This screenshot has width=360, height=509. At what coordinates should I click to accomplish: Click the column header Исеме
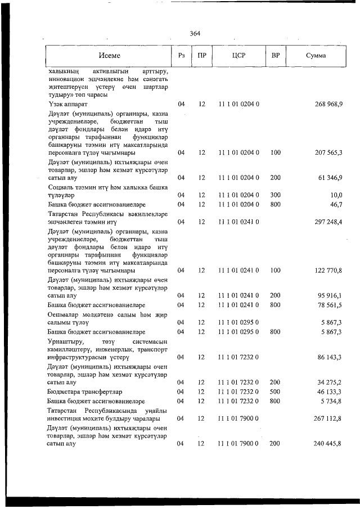[109, 56]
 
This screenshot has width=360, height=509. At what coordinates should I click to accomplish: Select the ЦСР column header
[237, 56]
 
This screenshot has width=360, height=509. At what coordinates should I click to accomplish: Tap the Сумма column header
[317, 56]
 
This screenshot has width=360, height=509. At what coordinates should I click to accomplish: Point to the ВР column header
[276, 56]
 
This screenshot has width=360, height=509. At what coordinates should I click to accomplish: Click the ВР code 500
[276, 391]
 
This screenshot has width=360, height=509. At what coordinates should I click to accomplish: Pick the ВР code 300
[276, 195]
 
